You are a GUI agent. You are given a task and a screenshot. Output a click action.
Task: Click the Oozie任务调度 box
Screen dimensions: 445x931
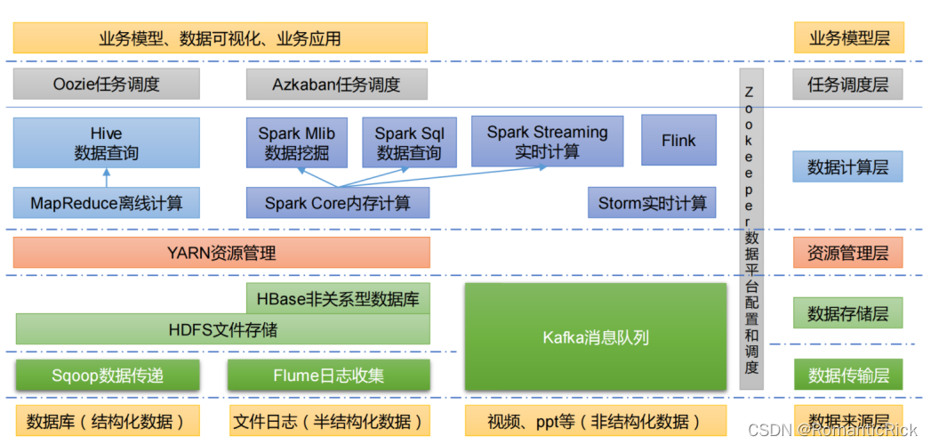[x=106, y=85]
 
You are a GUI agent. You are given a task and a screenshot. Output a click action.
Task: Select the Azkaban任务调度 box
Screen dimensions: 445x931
[x=336, y=85]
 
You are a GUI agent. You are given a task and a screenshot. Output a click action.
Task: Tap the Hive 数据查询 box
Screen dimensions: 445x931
[x=106, y=142]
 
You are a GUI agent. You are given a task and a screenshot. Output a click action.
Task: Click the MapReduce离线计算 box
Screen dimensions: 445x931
[x=106, y=203]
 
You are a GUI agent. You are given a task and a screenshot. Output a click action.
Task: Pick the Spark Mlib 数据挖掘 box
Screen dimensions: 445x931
[x=297, y=142]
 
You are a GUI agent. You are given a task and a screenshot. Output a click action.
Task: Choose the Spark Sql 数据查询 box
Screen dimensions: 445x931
[x=409, y=142]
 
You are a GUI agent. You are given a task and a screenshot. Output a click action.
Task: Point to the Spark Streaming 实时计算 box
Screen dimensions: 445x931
[x=547, y=141]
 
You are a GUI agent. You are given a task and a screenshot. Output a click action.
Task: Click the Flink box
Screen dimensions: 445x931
[x=678, y=141]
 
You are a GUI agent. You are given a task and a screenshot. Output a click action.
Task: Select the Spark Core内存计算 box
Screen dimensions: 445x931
[x=337, y=203]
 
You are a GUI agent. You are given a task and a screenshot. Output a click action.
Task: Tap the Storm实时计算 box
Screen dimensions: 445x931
[x=651, y=203]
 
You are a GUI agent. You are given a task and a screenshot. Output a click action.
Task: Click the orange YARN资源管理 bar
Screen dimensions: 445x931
[x=221, y=253]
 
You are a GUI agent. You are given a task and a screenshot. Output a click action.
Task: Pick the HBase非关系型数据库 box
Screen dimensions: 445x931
[x=337, y=298]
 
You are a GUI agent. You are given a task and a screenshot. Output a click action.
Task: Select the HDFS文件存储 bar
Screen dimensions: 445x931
[x=222, y=330]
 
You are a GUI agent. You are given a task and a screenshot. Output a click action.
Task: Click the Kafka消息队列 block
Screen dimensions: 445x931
[x=595, y=337]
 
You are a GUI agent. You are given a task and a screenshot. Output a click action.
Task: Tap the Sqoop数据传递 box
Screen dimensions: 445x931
[x=106, y=375]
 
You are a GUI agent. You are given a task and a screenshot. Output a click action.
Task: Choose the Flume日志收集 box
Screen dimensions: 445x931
[x=328, y=375]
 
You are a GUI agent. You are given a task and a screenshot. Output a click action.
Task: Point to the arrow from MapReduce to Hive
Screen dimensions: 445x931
[x=106, y=177]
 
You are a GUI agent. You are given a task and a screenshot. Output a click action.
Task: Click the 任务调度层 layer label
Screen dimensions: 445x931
[x=847, y=85]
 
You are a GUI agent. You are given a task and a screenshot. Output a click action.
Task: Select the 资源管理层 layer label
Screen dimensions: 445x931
[x=847, y=253]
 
